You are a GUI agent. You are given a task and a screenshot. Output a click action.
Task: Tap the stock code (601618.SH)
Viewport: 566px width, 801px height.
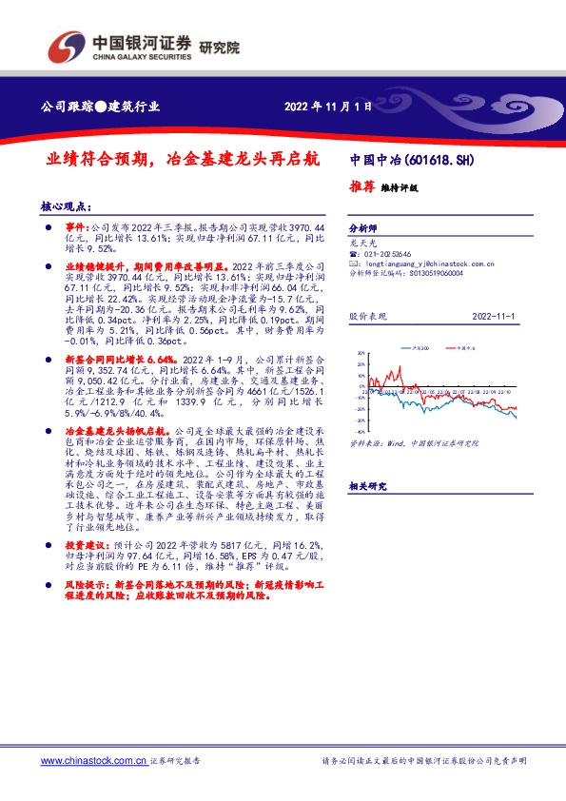(x=439, y=161)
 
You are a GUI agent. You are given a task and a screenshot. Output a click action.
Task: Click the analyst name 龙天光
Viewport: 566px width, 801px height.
(x=362, y=244)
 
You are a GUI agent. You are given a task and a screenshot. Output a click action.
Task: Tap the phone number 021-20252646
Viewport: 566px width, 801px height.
(x=391, y=255)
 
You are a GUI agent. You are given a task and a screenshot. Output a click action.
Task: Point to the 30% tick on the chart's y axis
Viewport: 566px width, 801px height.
(x=361, y=353)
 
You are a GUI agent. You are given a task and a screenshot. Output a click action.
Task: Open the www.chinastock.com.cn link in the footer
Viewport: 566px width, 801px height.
(x=93, y=761)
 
